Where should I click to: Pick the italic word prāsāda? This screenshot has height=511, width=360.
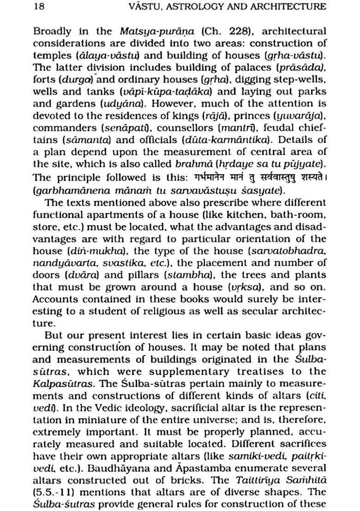pos(308,68)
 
